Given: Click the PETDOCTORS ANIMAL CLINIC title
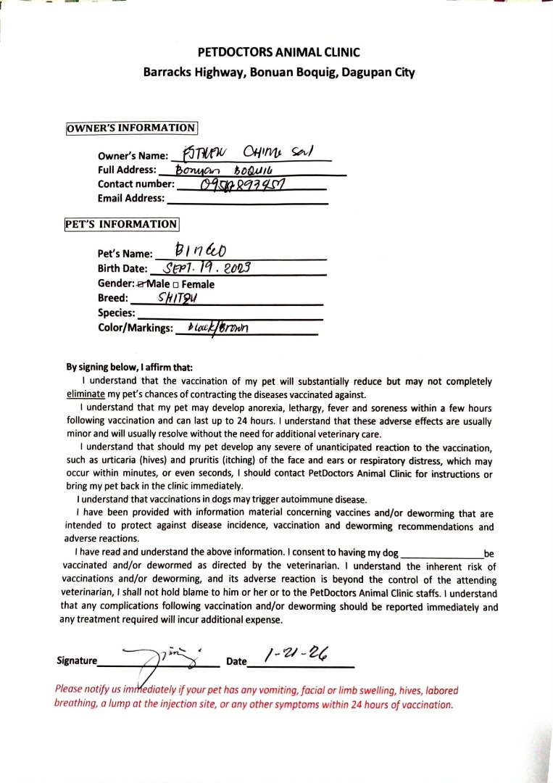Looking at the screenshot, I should [x=279, y=52].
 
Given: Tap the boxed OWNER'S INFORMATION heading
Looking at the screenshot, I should [x=131, y=128].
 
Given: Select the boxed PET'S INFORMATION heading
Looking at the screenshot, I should [x=121, y=224].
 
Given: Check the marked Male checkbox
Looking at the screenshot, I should [x=141, y=284].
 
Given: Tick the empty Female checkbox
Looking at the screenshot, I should [x=177, y=285].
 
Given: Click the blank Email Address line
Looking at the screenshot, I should [x=246, y=199].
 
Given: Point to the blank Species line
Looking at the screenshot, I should [x=229, y=314].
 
